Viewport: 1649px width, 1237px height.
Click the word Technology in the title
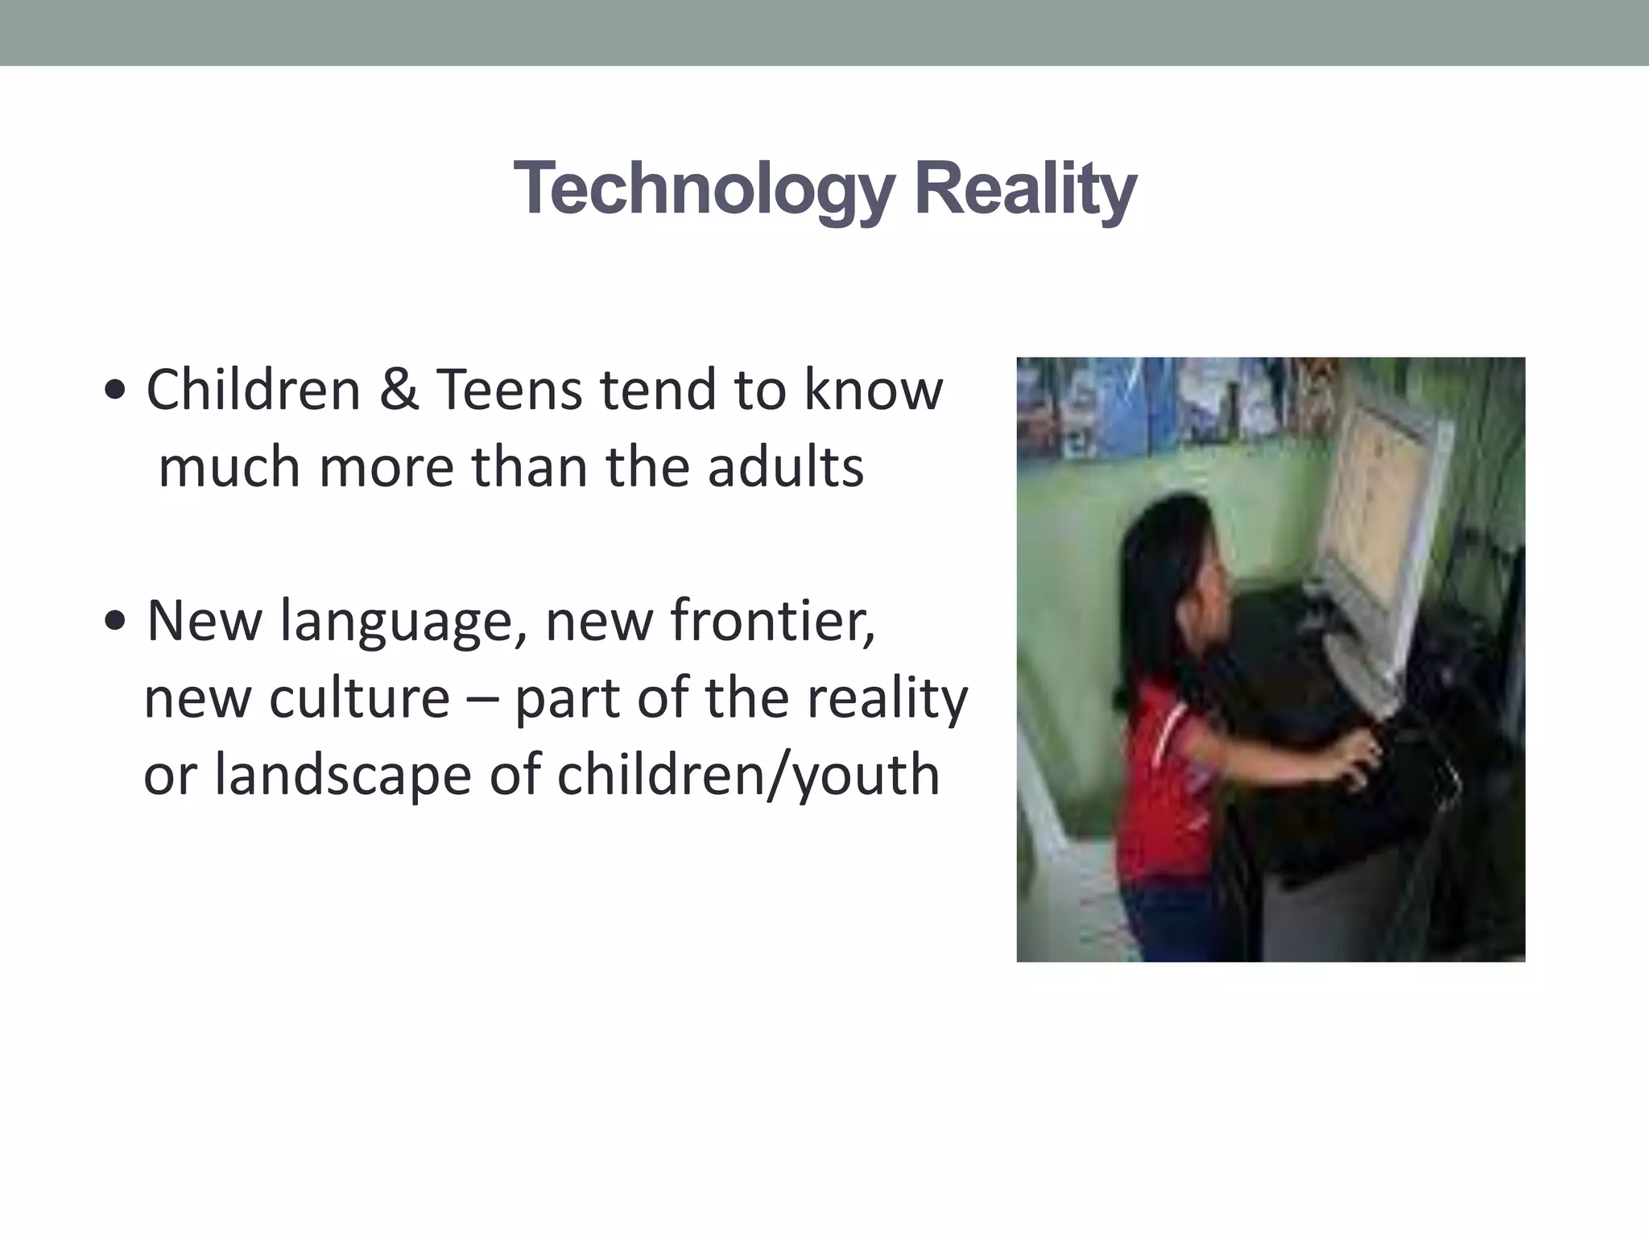point(703,189)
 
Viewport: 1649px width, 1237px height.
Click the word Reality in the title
point(1025,189)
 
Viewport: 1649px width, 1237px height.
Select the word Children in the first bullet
point(253,391)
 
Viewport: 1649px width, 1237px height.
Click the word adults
point(785,468)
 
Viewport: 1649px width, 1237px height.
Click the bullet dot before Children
point(115,391)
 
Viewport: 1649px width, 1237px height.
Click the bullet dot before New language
point(115,622)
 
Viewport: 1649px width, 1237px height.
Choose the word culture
point(359,698)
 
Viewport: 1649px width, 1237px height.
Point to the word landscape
point(342,776)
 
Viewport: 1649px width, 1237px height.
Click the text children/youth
point(748,776)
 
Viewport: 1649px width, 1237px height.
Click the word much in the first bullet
point(229,468)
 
